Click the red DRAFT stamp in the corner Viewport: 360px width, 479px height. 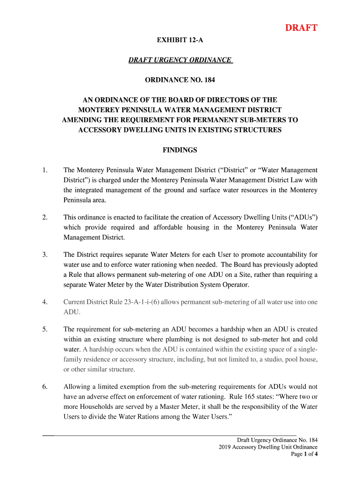pyautogui.click(x=302, y=28)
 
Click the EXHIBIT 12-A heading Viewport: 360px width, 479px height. pyautogui.click(x=180, y=40)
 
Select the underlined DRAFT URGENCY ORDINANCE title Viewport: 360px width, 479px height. pyautogui.click(x=180, y=60)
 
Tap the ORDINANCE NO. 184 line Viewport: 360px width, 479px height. pyautogui.click(x=180, y=80)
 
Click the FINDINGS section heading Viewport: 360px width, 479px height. pyautogui.click(x=180, y=150)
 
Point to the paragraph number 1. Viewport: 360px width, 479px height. pyautogui.click(x=45, y=170)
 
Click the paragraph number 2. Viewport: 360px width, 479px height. pyautogui.click(x=45, y=218)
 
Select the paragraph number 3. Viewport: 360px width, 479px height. pyautogui.click(x=45, y=255)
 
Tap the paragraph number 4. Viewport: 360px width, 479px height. pyautogui.click(x=45, y=302)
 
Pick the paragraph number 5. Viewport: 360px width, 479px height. pyautogui.click(x=45, y=329)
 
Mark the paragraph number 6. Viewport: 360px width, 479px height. pyautogui.click(x=45, y=387)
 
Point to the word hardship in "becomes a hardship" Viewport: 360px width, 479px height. pyautogui.click(x=232, y=329)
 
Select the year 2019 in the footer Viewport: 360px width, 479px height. pyautogui.click(x=225, y=447)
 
